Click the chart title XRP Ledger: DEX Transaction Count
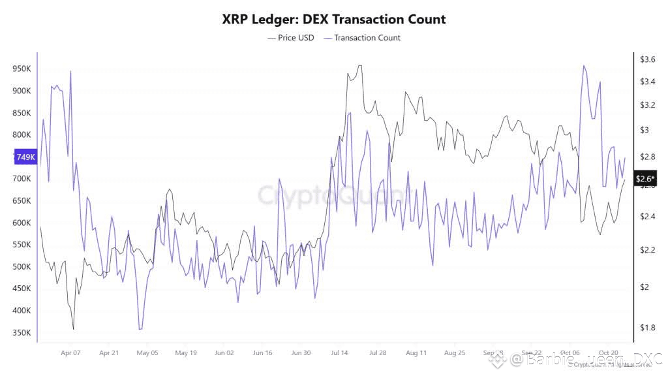(x=334, y=19)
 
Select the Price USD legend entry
(x=291, y=38)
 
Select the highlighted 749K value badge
(x=25, y=157)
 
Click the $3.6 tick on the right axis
(x=647, y=59)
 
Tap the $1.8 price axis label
(x=647, y=328)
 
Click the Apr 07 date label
(x=70, y=352)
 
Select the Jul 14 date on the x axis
(x=339, y=352)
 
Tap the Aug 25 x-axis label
(x=455, y=352)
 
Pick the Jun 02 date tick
(x=224, y=352)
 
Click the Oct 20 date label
(x=609, y=352)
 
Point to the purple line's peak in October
(x=583, y=65)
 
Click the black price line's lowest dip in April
(x=73, y=329)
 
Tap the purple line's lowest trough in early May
(x=140, y=329)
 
